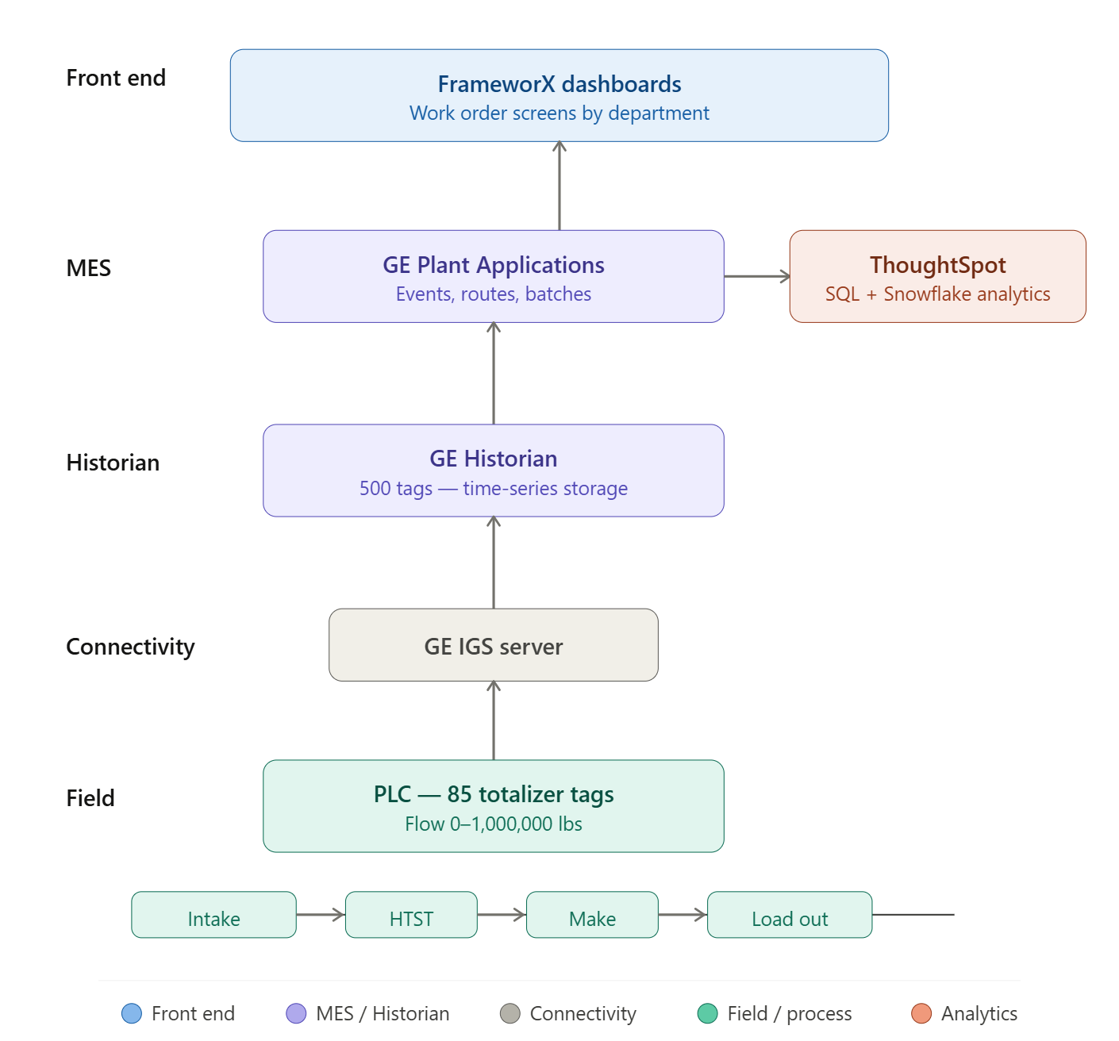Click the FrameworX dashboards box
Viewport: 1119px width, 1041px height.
(x=559, y=95)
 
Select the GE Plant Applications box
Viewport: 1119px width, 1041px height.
(x=493, y=276)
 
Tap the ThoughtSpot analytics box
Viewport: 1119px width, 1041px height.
(x=937, y=276)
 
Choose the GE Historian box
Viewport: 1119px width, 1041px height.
(x=493, y=471)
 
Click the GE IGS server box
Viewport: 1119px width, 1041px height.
(x=493, y=645)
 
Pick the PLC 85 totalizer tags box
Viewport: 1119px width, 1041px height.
(x=493, y=806)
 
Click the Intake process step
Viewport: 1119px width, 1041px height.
(x=213, y=915)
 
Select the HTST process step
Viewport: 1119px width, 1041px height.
(x=411, y=915)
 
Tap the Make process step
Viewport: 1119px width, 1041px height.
(x=592, y=915)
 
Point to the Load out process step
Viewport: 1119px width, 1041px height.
(x=790, y=915)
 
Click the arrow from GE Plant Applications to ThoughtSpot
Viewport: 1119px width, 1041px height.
(x=756, y=276)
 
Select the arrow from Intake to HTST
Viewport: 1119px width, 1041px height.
(x=320, y=915)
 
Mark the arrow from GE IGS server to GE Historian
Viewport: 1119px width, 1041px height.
(x=494, y=563)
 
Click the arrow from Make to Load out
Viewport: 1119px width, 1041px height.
(x=683, y=915)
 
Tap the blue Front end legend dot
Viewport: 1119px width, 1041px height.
(x=132, y=1013)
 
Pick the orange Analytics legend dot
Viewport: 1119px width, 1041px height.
(x=921, y=1013)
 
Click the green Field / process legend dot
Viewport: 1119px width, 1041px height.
(x=707, y=1013)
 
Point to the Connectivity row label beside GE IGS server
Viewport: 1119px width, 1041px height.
(x=130, y=647)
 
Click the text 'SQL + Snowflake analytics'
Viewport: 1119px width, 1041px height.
(x=937, y=294)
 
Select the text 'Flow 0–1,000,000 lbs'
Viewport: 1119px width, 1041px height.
(x=493, y=824)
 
